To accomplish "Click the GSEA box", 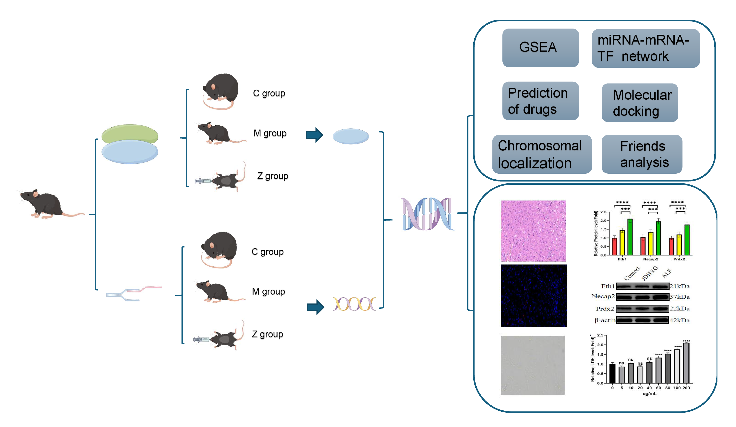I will coord(540,48).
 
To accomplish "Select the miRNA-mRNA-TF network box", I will coord(646,48).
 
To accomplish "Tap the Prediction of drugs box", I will coord(540,101).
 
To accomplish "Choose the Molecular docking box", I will coord(640,103).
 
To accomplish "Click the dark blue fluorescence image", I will coord(534,295).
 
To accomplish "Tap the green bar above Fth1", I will coord(630,237).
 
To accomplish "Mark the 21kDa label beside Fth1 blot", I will coord(680,286).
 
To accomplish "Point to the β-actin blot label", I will coord(605,320).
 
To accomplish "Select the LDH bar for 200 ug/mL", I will coord(686,363).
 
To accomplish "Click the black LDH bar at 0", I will coord(612,373).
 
